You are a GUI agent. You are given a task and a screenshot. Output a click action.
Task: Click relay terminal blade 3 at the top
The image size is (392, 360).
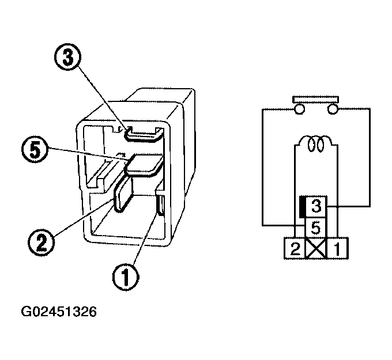point(142,135)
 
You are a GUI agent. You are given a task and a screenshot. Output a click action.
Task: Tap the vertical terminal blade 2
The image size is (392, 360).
point(123,195)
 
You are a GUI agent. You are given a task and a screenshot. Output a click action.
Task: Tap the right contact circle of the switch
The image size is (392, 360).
point(333,108)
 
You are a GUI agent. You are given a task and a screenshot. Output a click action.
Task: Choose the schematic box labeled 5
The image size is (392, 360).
point(315,227)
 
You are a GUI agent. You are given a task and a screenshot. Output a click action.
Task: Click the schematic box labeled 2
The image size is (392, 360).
point(295,249)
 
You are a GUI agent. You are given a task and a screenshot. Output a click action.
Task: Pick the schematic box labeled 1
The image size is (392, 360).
point(337,249)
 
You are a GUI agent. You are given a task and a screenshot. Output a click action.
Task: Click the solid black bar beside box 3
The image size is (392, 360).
point(301,206)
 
